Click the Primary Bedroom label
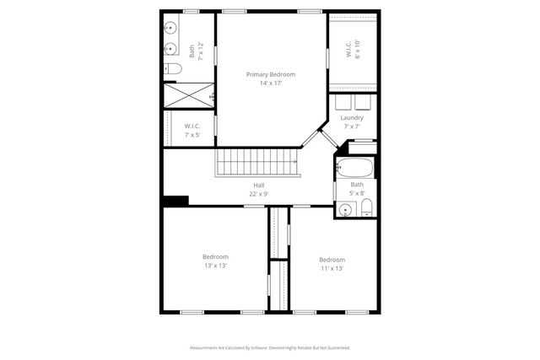270,75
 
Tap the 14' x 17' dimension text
270,83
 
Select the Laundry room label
353,117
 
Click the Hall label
258,185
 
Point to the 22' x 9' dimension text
258,194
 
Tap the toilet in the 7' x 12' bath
171,68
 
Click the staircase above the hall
257,162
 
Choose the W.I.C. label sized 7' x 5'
192,130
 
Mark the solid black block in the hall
175,201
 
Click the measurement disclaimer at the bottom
270,347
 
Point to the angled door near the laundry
314,138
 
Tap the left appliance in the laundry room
343,102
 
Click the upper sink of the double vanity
170,26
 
